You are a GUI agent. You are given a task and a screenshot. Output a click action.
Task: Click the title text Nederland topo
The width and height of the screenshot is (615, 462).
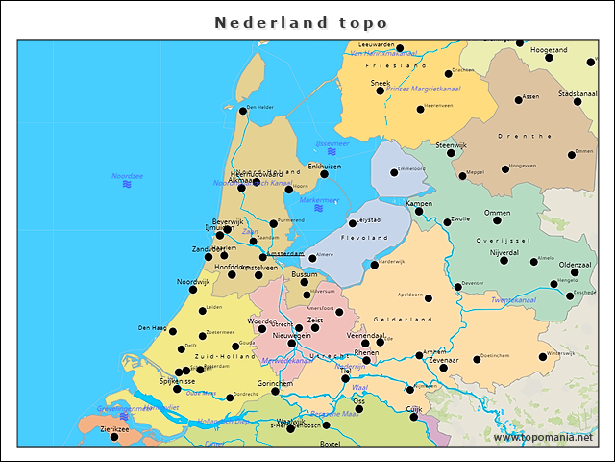tap(301, 22)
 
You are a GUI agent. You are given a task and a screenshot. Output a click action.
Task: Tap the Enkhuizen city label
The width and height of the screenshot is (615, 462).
tap(324, 166)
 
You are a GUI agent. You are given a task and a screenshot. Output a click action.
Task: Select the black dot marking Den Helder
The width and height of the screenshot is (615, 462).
tap(242, 112)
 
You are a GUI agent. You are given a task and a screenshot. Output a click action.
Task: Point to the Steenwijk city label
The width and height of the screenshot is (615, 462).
tap(451, 145)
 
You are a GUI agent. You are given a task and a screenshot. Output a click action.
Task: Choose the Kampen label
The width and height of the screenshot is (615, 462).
tap(419, 203)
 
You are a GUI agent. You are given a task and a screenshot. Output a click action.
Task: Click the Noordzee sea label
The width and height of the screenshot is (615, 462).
tap(127, 176)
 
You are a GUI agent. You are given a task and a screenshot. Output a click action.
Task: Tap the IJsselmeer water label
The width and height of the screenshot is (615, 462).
tap(332, 143)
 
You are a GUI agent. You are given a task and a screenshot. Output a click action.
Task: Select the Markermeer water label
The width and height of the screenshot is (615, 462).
tap(318, 200)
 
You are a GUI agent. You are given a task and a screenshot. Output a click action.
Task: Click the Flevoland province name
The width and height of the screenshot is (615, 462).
tap(363, 237)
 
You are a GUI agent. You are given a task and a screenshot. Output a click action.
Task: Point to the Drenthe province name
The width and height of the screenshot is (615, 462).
tap(528, 137)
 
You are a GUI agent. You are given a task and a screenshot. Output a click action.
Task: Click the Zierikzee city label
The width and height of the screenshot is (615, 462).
tap(113, 429)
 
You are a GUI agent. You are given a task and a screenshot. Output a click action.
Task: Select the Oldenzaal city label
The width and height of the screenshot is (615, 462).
tap(576, 264)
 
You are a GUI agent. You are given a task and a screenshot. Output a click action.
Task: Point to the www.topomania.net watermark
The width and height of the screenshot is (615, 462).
tap(543, 437)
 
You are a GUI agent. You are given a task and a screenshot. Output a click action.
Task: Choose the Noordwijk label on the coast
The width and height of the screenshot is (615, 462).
tap(193, 281)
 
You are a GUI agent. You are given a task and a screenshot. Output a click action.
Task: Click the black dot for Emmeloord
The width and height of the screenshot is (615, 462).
tap(394, 173)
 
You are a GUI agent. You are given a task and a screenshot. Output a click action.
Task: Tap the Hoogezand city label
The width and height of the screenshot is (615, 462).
tap(549, 49)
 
